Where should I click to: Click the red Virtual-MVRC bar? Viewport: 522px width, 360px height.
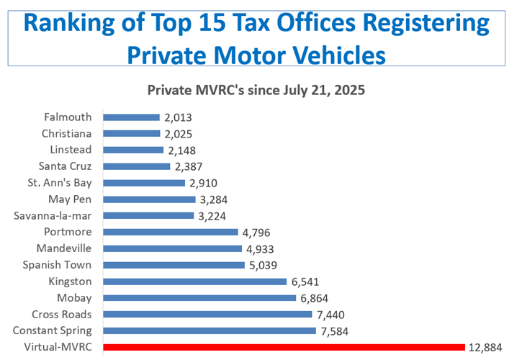(x=284, y=348)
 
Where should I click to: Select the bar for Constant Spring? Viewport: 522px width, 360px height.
(x=210, y=331)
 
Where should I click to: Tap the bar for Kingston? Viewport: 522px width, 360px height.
(x=194, y=282)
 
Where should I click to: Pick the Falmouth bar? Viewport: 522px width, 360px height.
(x=131, y=117)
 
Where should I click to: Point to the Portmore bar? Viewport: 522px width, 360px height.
(x=171, y=232)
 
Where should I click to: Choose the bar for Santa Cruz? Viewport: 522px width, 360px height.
(x=137, y=166)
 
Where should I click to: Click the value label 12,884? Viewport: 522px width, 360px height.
(x=487, y=348)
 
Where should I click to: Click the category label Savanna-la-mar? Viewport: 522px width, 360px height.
(x=53, y=215)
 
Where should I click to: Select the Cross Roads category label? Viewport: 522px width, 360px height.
(x=62, y=315)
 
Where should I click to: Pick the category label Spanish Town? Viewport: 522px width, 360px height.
(x=58, y=265)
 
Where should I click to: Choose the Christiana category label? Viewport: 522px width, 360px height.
(x=66, y=133)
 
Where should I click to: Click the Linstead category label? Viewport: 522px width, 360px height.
(x=71, y=150)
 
